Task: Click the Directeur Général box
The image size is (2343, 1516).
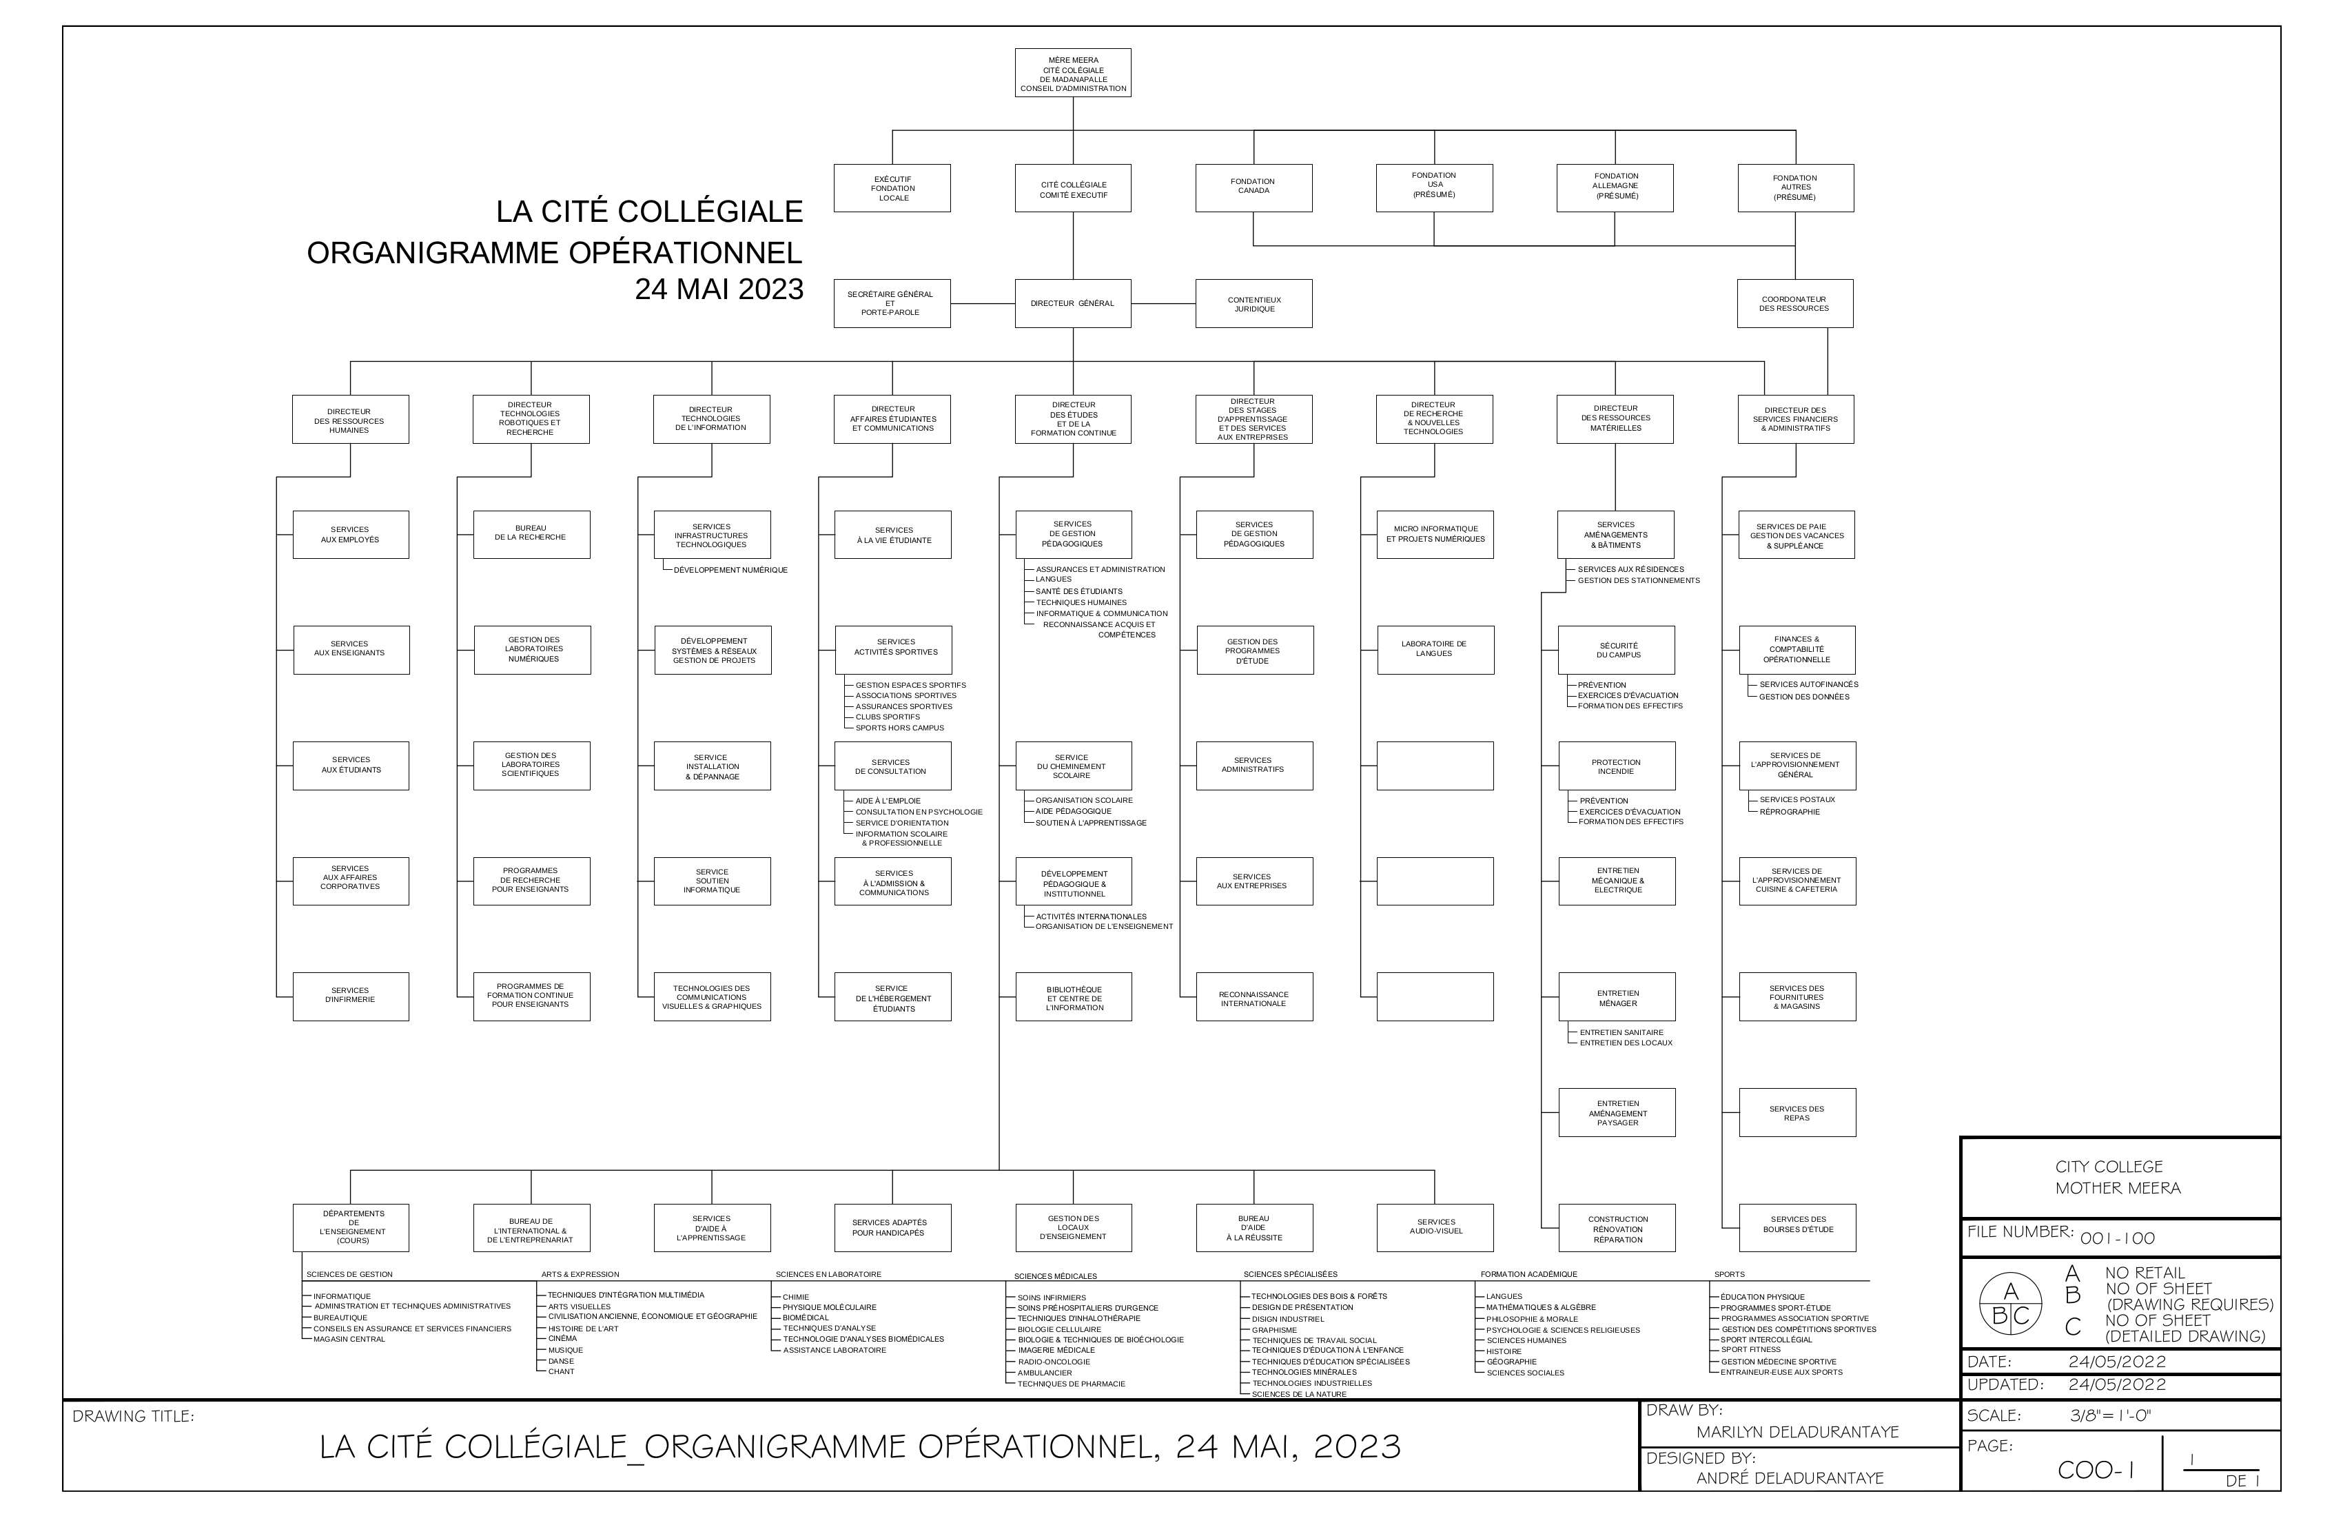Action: [1073, 303]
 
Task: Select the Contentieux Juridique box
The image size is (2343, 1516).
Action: [1254, 303]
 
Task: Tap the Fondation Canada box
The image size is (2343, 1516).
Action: [1254, 188]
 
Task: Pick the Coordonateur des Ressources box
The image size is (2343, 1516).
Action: [1794, 303]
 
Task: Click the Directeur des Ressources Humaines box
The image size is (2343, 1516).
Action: [351, 420]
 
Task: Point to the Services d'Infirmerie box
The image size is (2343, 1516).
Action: [351, 996]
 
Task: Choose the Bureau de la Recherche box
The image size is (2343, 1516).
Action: [531, 535]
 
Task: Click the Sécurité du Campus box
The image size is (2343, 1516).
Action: [1617, 650]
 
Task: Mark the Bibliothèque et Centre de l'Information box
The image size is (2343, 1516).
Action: [1074, 996]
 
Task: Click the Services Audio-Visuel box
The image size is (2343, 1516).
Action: [1435, 1227]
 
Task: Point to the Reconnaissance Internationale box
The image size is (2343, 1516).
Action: [1254, 996]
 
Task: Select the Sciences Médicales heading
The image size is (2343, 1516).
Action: [1055, 1276]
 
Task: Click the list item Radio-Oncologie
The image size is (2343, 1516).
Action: [1054, 1362]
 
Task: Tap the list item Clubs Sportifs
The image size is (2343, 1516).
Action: [888, 717]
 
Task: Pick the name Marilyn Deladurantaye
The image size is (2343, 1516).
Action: [1798, 1431]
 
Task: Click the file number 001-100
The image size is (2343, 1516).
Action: [2118, 1238]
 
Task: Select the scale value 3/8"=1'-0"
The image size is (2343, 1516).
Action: [2111, 1415]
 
